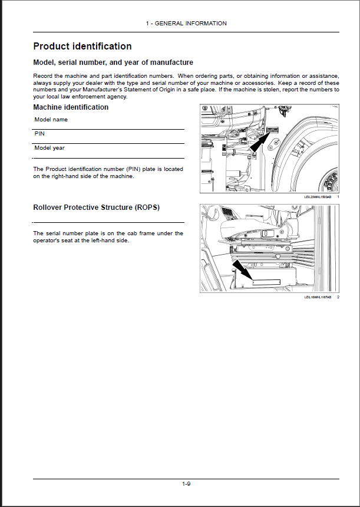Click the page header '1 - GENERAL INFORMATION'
tap(186, 24)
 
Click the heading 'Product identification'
tap(82, 47)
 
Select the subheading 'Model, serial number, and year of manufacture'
tap(113, 62)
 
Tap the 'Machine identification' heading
tap(71, 107)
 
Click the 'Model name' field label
tap(51, 120)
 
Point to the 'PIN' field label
tap(39, 134)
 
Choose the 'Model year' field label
tap(49, 148)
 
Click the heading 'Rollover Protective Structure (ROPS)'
tap(96, 208)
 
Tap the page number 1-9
tap(186, 484)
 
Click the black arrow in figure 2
tap(242, 272)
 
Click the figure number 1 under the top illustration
tap(338, 196)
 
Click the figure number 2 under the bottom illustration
tap(338, 297)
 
